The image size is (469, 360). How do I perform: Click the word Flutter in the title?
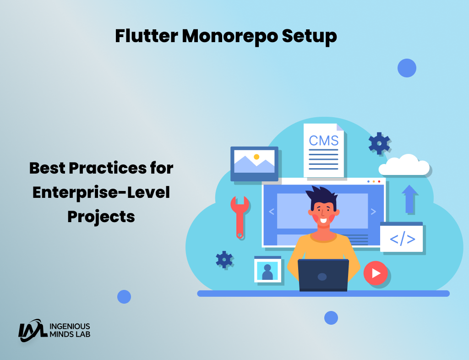point(147,36)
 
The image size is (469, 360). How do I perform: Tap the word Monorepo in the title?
point(230,37)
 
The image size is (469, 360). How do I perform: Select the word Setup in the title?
point(309,37)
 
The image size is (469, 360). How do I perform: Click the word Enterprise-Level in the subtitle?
point(101,192)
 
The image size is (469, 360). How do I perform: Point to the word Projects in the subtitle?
point(101,217)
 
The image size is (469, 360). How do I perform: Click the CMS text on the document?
point(324,141)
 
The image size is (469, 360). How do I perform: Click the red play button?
point(376,273)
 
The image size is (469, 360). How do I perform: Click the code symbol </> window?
point(401,237)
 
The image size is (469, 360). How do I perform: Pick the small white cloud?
point(404,165)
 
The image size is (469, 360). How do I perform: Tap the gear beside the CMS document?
point(379,143)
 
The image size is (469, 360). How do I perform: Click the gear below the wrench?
point(224,259)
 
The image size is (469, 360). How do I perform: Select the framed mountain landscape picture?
point(254,164)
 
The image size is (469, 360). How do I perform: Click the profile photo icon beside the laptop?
point(267,269)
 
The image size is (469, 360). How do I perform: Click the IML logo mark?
point(33,330)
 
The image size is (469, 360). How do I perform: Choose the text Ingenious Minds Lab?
point(70,330)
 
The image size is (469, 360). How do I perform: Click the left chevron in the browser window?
point(272,212)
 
